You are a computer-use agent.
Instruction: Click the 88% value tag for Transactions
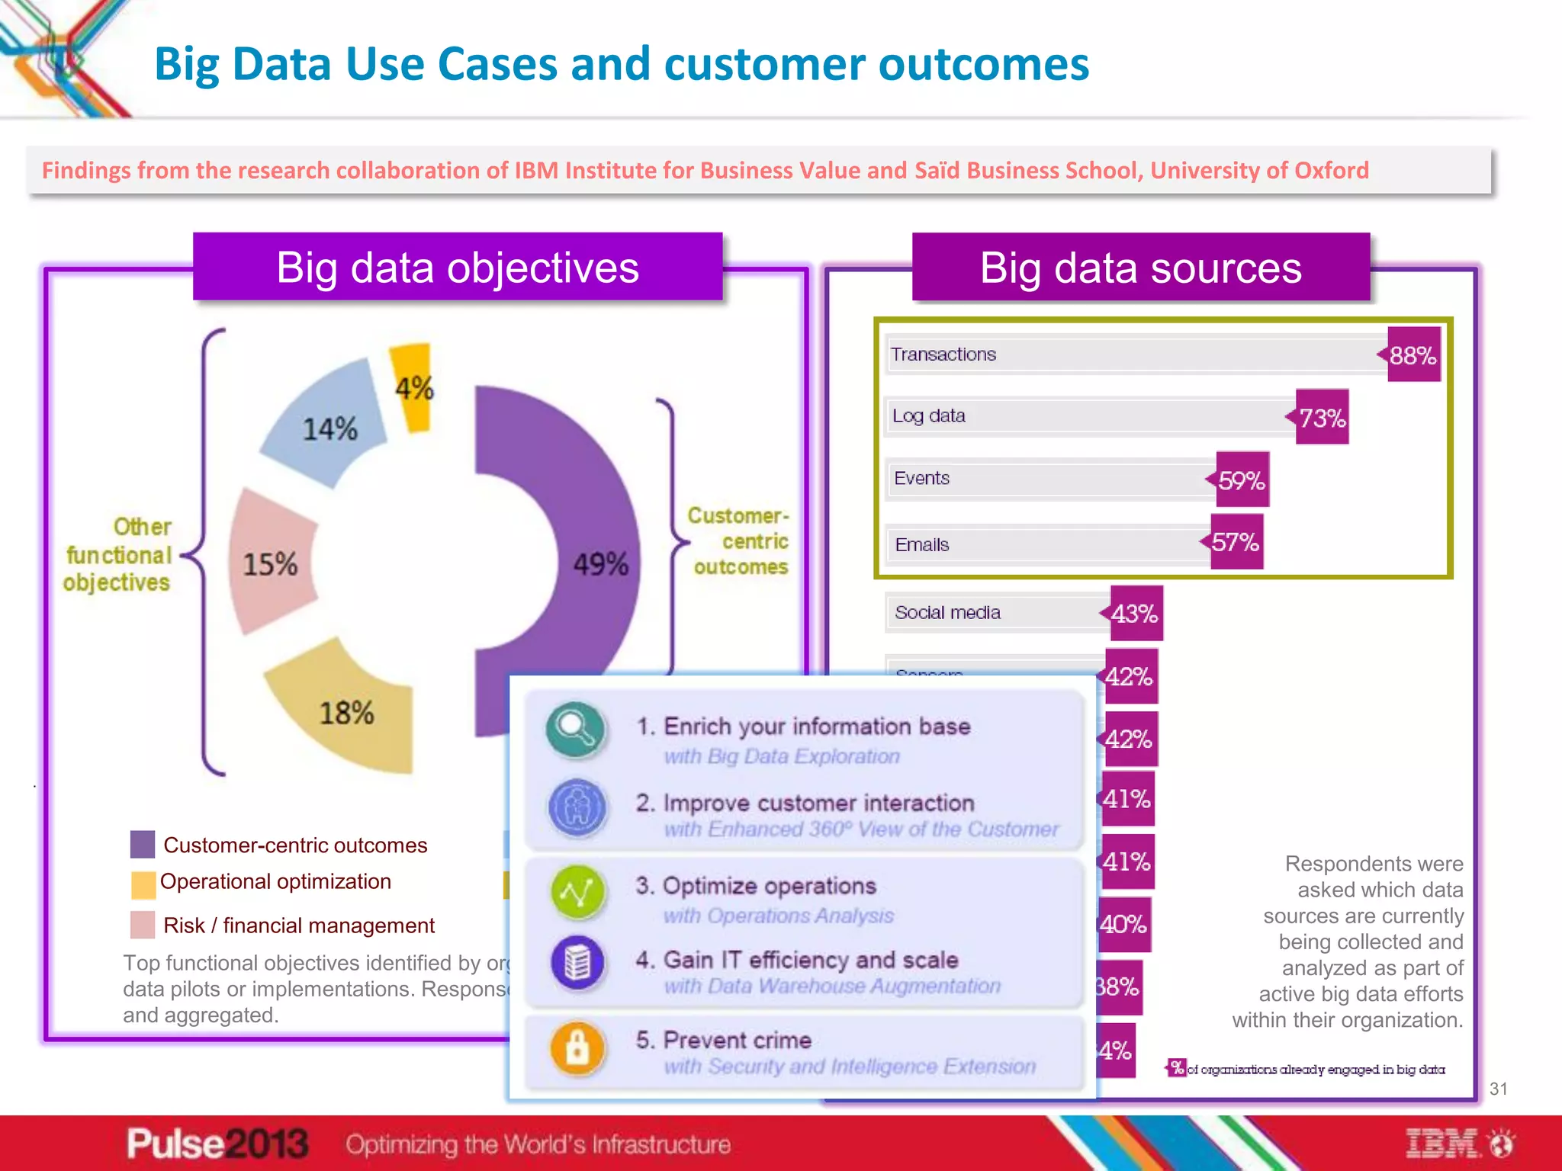(x=1413, y=355)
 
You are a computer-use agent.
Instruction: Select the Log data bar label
(x=928, y=416)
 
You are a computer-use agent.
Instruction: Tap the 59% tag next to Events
(x=1242, y=480)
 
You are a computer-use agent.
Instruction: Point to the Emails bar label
(x=921, y=545)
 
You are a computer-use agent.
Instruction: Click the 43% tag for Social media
(x=1135, y=614)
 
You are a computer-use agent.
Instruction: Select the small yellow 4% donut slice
(x=413, y=387)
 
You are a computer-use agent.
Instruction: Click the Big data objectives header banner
(x=458, y=268)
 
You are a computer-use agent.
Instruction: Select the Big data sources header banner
(x=1140, y=268)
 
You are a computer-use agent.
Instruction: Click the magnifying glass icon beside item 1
(x=577, y=730)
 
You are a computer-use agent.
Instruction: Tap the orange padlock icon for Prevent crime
(x=577, y=1048)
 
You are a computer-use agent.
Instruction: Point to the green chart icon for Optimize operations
(x=577, y=892)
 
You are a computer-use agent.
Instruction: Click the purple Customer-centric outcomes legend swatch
(x=143, y=845)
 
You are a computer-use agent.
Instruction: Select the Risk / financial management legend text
(x=298, y=926)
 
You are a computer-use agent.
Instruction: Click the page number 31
(x=1498, y=1089)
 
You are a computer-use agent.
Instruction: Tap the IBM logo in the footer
(x=1441, y=1144)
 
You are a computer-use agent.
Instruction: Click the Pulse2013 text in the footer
(x=217, y=1144)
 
